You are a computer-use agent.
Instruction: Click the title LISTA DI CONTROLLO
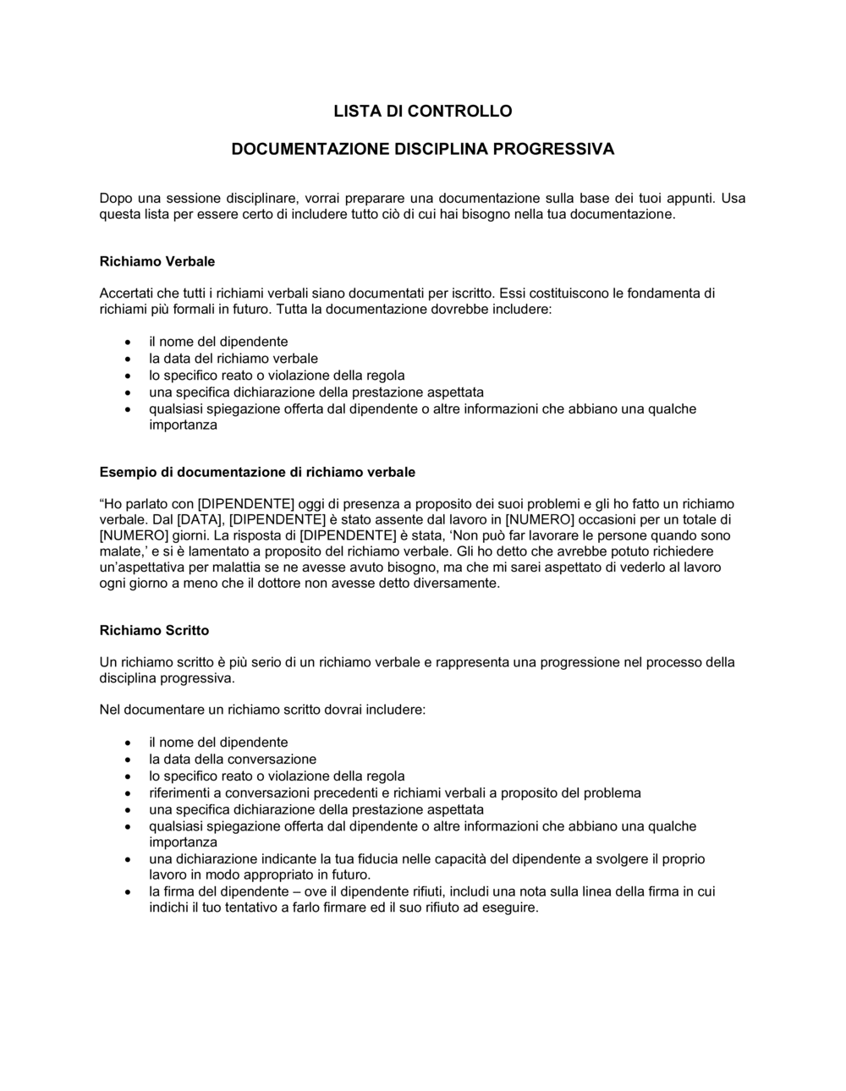[422, 111]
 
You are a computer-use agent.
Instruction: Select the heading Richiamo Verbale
[157, 261]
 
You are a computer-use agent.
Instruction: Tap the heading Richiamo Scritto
[154, 630]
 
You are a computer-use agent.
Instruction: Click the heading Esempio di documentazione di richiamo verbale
[257, 472]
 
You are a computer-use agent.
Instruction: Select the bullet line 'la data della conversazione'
[233, 759]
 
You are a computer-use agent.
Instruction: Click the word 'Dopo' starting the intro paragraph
[116, 198]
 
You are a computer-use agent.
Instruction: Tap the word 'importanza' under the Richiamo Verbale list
[183, 425]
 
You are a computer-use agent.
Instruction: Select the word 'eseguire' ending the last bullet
[511, 908]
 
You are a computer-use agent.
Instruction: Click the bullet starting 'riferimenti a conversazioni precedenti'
[394, 793]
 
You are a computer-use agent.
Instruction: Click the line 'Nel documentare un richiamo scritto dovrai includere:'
[262, 710]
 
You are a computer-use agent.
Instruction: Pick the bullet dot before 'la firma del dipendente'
[127, 892]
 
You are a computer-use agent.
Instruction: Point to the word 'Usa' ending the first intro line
[733, 198]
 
